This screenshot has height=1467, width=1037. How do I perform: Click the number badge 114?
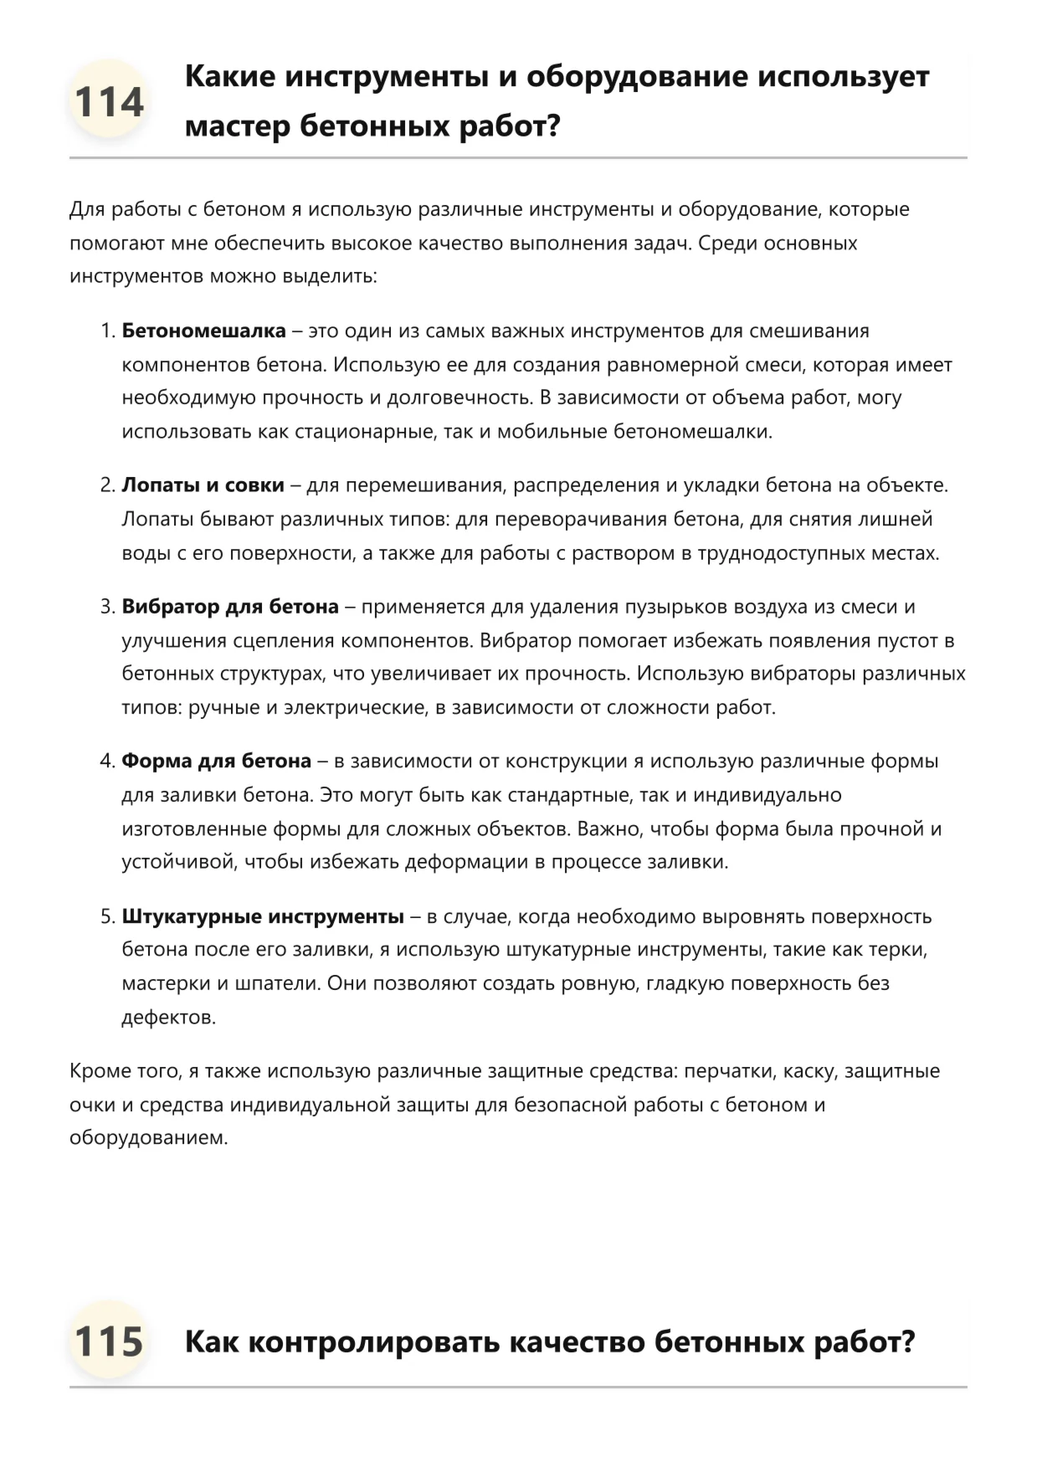109,102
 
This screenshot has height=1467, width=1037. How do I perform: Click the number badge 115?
109,1341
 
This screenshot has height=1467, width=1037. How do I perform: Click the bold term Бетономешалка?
203,331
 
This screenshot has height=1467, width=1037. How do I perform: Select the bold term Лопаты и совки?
203,485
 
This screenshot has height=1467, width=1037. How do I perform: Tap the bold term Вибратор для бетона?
230,607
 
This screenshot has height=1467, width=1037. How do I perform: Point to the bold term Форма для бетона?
216,761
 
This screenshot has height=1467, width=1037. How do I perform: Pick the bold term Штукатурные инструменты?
263,916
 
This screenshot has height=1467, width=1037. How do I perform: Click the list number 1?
106,331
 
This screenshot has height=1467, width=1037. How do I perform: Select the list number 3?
106,607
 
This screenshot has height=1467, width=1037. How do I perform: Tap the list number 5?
106,916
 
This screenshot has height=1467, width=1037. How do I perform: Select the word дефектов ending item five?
168,1018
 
